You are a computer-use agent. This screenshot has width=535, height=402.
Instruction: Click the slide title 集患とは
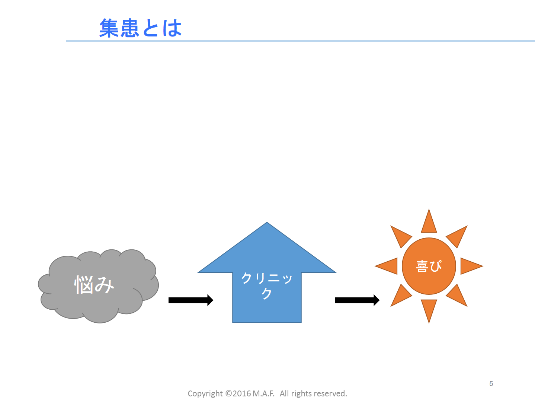[140, 28]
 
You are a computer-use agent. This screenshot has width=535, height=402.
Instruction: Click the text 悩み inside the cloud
[94, 284]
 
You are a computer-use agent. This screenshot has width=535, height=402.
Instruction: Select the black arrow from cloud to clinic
[191, 300]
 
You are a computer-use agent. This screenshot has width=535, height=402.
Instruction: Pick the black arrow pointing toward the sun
[357, 300]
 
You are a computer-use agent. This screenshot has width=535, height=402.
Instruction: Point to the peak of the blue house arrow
[267, 222]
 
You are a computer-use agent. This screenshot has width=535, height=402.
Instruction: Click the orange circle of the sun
[429, 266]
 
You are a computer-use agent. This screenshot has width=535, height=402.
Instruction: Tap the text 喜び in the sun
[429, 266]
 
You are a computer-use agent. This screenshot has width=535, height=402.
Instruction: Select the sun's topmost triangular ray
[429, 223]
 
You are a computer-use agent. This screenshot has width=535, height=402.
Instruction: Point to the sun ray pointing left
[389, 266]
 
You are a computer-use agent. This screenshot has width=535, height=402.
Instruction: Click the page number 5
[491, 383]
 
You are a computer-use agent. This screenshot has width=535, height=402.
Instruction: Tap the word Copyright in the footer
[205, 394]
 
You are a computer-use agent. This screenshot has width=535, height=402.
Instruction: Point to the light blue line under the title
[301, 41]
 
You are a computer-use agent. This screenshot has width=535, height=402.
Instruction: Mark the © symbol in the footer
[229, 393]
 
